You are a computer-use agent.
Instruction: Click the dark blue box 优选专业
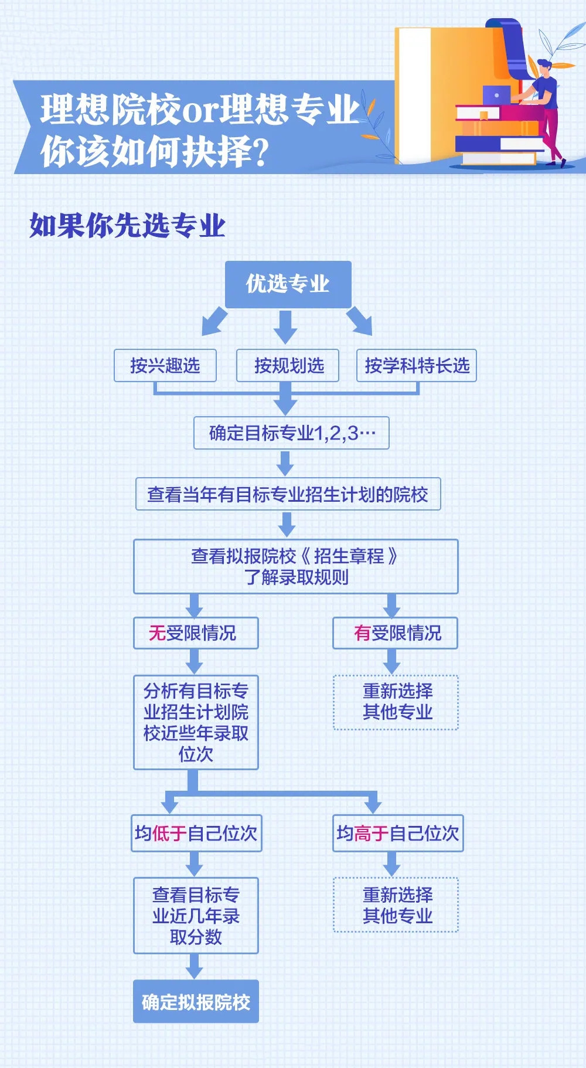tap(288, 284)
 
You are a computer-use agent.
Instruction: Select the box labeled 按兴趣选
tap(165, 366)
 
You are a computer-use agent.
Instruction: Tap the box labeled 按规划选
tap(288, 366)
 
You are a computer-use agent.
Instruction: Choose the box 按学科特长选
tap(417, 366)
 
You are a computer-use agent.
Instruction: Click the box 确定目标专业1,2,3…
tap(291, 433)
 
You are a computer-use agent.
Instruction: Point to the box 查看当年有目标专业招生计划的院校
tap(288, 494)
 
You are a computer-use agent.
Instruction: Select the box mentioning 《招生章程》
tap(296, 566)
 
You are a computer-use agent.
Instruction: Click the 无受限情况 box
tap(196, 633)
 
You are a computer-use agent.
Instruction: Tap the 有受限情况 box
tap(395, 633)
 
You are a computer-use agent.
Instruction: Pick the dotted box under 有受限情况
tap(396, 702)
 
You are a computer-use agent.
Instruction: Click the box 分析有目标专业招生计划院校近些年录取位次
tap(196, 722)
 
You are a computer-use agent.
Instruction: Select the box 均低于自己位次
tap(196, 833)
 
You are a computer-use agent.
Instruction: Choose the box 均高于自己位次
tap(398, 833)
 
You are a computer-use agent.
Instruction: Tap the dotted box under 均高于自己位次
tap(396, 904)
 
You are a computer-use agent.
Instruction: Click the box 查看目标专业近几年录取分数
tap(196, 916)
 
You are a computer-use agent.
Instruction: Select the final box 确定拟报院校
tap(196, 1001)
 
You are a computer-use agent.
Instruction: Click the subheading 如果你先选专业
tap(128, 226)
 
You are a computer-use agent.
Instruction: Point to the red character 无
tap(157, 633)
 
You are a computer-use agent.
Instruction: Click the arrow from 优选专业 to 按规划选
tap(285, 326)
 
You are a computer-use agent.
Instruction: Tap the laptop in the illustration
tap(497, 95)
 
